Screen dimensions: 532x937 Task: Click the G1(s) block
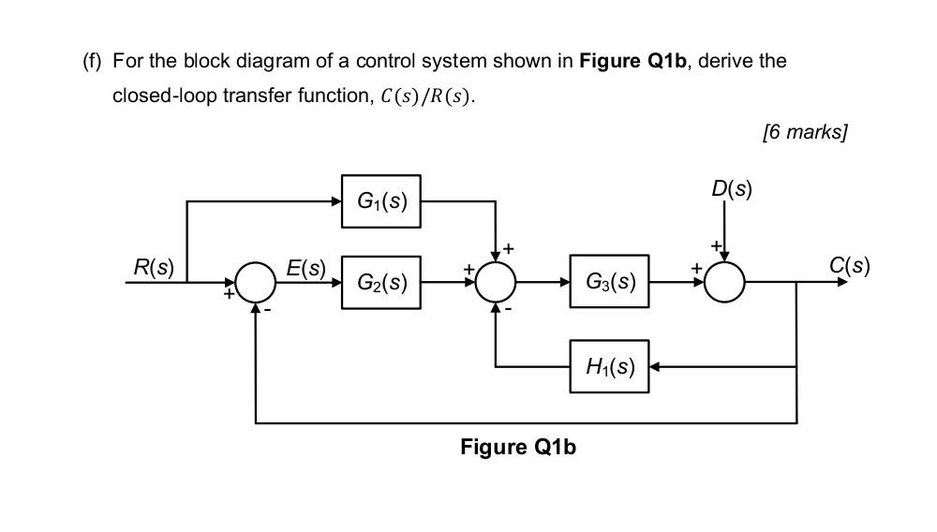pos(380,200)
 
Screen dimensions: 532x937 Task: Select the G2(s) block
pos(380,281)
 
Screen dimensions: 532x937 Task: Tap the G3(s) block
pos(609,281)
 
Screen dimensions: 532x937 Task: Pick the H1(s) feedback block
pos(609,366)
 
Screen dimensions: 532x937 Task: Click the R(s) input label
pos(154,267)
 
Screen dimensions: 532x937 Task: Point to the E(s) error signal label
pos(305,268)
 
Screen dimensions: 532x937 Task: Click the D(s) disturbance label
pos(731,188)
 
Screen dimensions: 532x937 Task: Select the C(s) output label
pos(849,266)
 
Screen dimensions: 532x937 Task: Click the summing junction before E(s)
pos(256,281)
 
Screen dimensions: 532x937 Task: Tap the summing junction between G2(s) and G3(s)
pos(496,281)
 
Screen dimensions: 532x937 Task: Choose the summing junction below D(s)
pos(724,281)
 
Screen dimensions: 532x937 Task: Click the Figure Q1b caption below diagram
pos(518,447)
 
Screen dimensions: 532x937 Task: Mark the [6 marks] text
pos(805,132)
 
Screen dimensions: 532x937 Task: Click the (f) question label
pos(91,62)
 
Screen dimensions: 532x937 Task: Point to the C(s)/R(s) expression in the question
pos(426,97)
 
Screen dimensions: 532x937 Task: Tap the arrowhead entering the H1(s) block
pos(655,366)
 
